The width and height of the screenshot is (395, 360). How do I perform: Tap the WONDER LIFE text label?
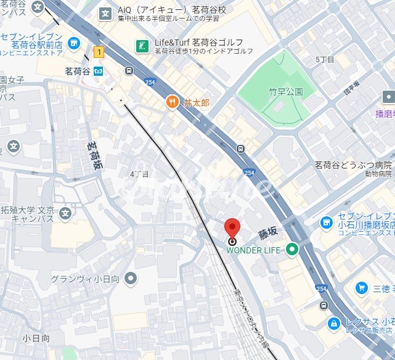click(x=253, y=250)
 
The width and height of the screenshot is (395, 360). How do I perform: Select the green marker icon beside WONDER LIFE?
click(x=291, y=250)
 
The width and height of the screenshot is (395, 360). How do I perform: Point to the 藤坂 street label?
click(x=269, y=234)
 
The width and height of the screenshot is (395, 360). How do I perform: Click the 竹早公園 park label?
click(x=286, y=92)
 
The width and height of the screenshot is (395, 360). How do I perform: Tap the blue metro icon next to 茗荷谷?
click(x=99, y=71)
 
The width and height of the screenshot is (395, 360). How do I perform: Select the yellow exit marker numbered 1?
click(x=98, y=52)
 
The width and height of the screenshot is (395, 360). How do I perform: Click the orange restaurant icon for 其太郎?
click(x=173, y=102)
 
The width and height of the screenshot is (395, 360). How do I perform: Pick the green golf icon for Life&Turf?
click(x=143, y=46)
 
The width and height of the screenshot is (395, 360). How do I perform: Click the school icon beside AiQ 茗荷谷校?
click(x=106, y=12)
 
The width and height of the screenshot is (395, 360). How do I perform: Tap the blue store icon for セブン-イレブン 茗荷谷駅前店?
click(x=74, y=43)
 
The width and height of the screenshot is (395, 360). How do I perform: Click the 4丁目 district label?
click(x=140, y=174)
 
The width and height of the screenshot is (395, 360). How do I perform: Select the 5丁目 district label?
click(x=325, y=59)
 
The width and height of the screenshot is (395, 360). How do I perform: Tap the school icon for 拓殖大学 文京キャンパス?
click(x=65, y=214)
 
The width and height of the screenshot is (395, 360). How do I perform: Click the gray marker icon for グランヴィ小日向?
click(x=130, y=279)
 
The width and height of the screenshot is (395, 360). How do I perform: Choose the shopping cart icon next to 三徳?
click(x=363, y=288)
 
